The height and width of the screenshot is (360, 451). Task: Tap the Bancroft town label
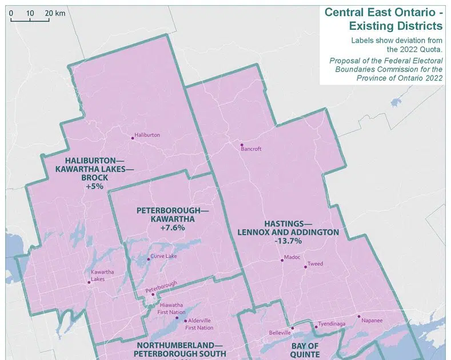(x=250, y=149)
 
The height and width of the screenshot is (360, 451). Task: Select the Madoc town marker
(x=282, y=260)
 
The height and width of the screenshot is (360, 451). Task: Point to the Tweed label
(x=315, y=264)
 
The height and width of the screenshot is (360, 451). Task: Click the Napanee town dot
(x=359, y=316)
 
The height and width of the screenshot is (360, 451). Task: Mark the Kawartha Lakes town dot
(x=89, y=282)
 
